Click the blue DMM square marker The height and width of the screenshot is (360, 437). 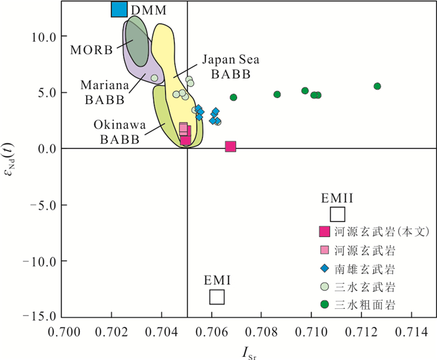click(119, 9)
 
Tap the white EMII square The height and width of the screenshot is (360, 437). click(337, 214)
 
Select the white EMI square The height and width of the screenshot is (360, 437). click(217, 297)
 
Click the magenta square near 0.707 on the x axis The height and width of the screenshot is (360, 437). click(230, 147)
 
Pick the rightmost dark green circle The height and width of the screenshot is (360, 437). click(377, 86)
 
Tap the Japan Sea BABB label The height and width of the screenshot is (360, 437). click(230, 67)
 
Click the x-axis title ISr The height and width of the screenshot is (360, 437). click(248, 352)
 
